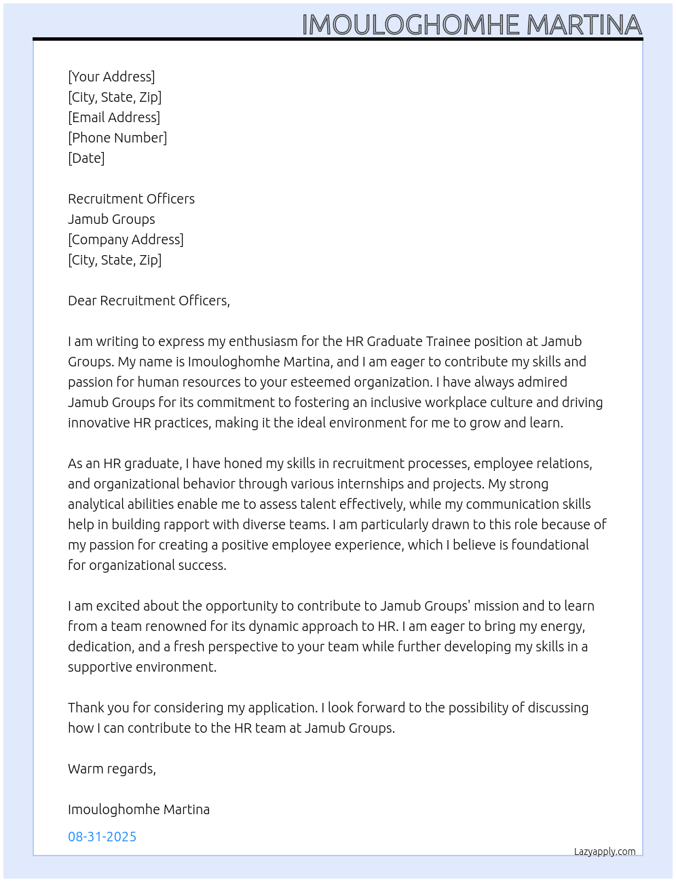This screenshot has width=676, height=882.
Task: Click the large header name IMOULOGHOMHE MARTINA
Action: point(471,25)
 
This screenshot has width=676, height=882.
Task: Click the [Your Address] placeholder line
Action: point(111,77)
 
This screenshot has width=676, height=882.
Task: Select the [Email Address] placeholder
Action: point(114,117)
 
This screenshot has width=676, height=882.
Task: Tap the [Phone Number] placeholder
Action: point(117,138)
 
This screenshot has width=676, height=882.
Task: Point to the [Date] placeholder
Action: point(86,158)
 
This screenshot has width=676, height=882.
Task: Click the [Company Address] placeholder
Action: point(126,239)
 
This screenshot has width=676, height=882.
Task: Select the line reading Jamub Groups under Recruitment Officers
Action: point(111,219)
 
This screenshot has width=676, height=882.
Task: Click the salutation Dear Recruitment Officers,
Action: point(149,301)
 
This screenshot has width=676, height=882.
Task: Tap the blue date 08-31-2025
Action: point(102,837)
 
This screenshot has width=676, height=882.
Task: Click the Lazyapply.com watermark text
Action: point(605,851)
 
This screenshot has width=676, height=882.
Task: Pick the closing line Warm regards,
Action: point(112,769)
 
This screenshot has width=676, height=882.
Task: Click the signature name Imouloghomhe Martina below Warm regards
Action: point(138,809)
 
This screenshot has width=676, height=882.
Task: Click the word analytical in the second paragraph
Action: point(96,504)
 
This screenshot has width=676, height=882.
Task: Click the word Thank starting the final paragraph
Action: point(86,708)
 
